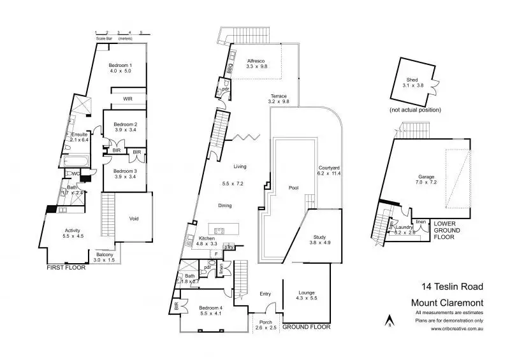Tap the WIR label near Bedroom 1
[x=127, y=99]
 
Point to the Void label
[x=134, y=219]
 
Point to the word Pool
[x=293, y=188]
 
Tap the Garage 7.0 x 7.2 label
[x=426, y=176]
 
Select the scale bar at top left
[x=118, y=32]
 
